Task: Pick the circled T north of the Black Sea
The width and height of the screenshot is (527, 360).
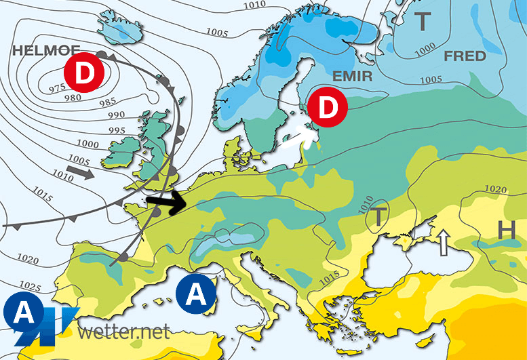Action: [378, 216]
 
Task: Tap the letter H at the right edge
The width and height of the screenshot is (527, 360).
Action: [506, 231]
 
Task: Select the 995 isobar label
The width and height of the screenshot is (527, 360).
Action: [116, 130]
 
